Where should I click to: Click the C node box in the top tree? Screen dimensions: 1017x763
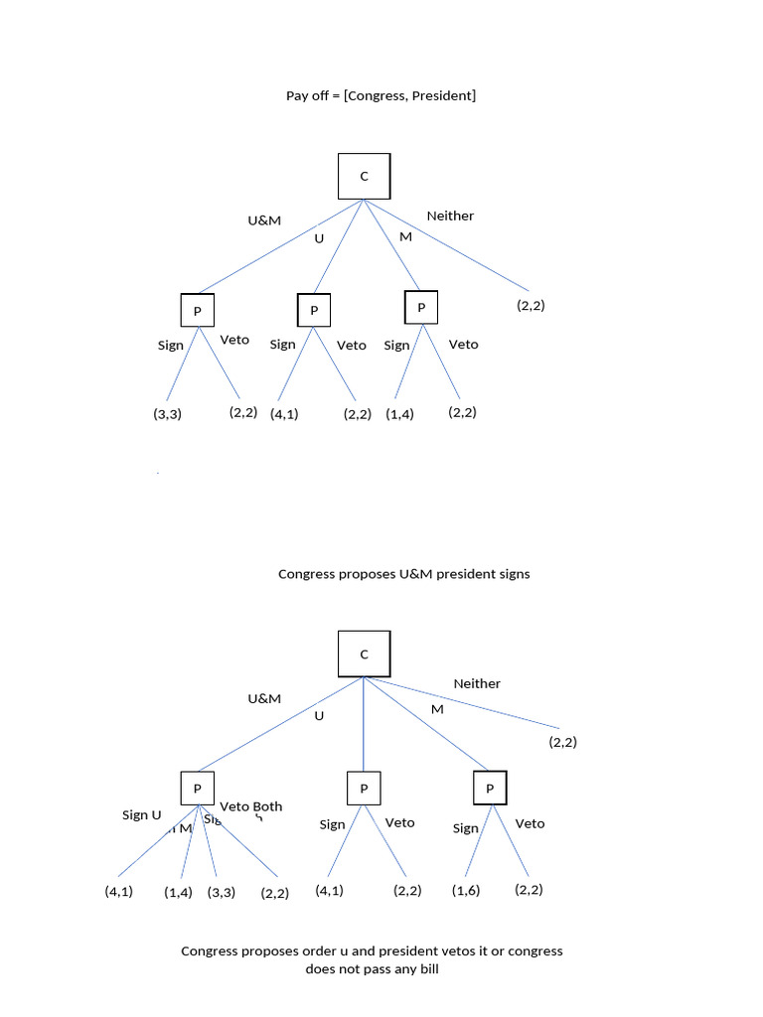364,176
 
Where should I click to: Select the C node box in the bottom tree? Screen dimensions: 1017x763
364,654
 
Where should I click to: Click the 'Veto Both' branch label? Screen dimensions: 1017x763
250,806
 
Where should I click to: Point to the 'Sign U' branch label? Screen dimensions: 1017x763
141,814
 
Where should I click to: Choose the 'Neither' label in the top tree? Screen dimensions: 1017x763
450,216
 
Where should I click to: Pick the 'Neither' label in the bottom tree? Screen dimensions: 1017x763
477,683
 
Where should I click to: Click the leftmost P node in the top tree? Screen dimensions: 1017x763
197,311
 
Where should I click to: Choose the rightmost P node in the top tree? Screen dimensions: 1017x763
421,307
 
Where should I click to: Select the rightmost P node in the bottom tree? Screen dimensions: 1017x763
490,789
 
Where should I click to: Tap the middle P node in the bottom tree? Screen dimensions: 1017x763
364,790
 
